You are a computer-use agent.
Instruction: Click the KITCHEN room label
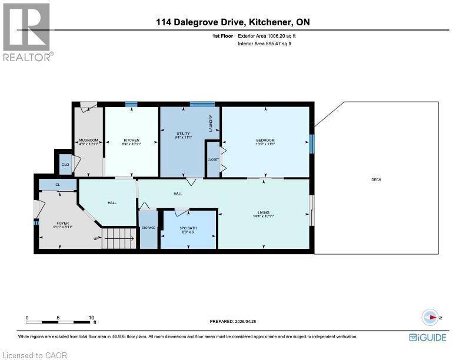pyautogui.click(x=131, y=140)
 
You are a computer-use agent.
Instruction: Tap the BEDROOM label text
pyautogui.click(x=265, y=140)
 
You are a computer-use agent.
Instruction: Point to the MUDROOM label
pyautogui.click(x=88, y=140)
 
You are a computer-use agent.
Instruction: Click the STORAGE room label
pyautogui.click(x=148, y=227)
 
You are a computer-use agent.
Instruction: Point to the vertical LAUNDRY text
pyautogui.click(x=210, y=122)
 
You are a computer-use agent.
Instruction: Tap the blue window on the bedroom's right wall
pyautogui.click(x=312, y=142)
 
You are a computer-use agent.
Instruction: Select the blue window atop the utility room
pyautogui.click(x=202, y=104)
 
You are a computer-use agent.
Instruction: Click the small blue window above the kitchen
pyautogui.click(x=131, y=105)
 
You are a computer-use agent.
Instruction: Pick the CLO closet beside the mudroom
pyautogui.click(x=65, y=165)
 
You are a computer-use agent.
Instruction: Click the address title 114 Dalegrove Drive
pyautogui.click(x=232, y=22)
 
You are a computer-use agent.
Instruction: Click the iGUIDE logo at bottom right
pyautogui.click(x=427, y=337)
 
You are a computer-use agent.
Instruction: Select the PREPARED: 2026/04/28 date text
pyautogui.click(x=233, y=321)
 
